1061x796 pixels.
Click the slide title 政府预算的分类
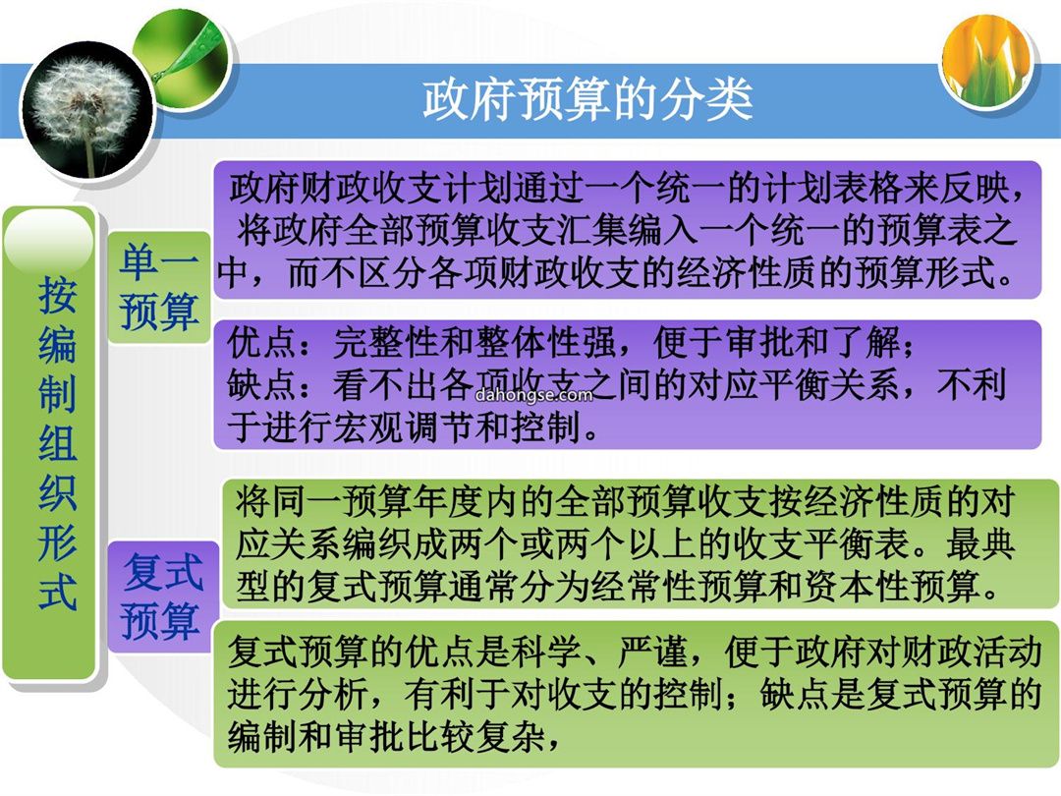pos(587,99)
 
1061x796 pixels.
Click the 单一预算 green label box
pos(159,287)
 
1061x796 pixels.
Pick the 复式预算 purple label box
pos(162,597)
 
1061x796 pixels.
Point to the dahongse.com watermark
pos(533,395)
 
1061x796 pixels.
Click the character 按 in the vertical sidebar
pos(58,296)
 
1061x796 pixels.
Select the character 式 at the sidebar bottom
pos(58,593)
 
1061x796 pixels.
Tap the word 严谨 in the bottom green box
pos(652,653)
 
